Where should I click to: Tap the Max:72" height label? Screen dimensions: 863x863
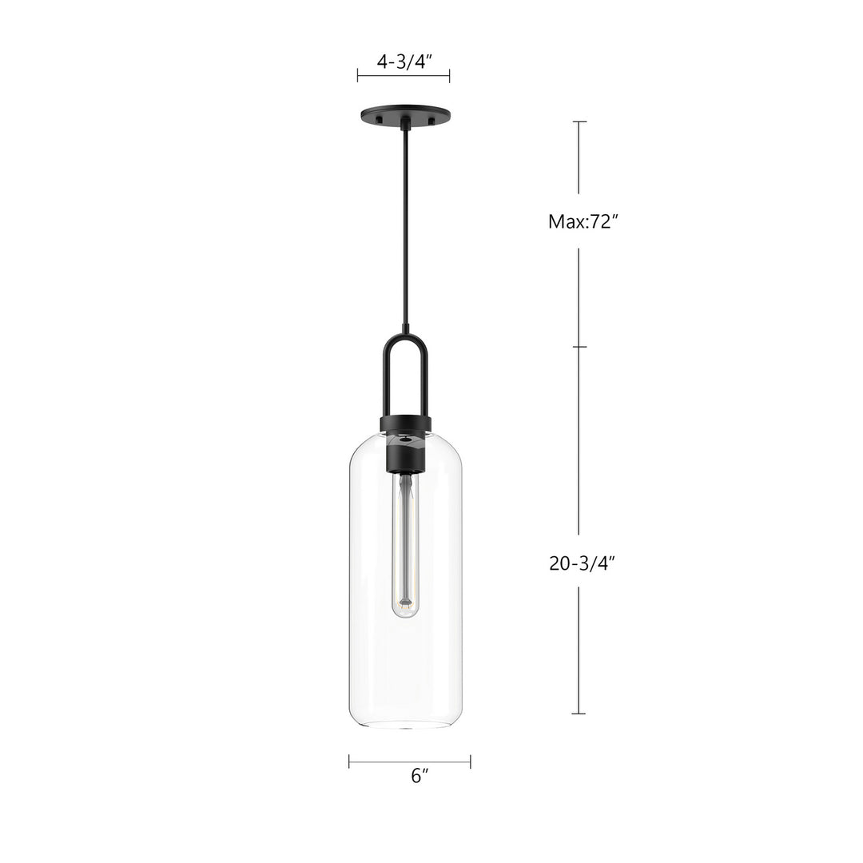coord(583,222)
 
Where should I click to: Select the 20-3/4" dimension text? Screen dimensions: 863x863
coord(583,563)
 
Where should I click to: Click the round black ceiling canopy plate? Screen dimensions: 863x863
coord(405,114)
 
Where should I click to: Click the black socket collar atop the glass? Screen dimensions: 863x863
coord(406,424)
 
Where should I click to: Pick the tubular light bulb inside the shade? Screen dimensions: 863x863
coord(405,543)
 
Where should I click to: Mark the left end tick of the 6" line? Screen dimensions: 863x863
coord(349,762)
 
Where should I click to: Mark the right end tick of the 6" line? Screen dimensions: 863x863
coord(470,762)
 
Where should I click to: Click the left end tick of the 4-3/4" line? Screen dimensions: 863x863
coord(357,75)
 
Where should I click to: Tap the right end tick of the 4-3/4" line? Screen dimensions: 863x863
coord(450,75)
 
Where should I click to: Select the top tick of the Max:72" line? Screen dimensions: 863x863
coord(579,121)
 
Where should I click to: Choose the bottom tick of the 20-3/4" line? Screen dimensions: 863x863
coord(579,714)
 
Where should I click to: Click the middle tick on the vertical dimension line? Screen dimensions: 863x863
coord(579,347)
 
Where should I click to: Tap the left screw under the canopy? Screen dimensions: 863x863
coord(380,121)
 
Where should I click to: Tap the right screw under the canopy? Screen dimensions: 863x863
coord(431,121)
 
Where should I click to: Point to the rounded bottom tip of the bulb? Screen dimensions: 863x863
coord(405,614)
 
